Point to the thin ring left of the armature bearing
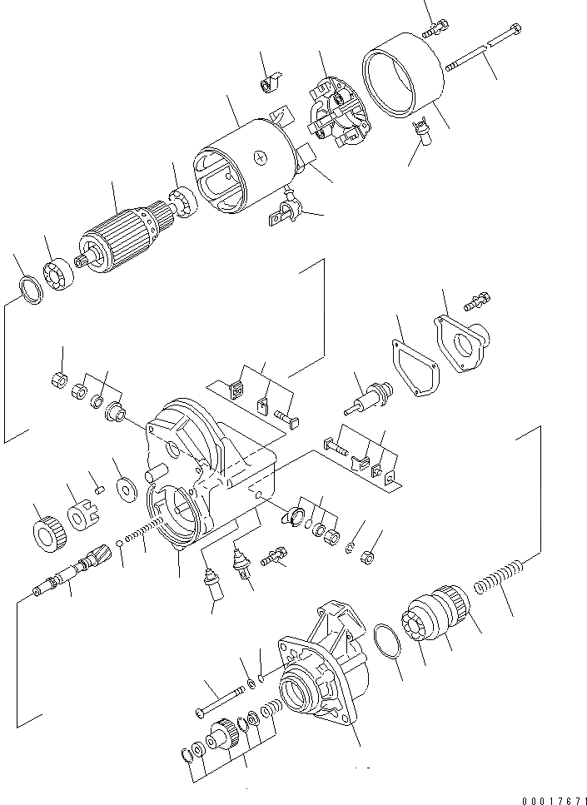(x=30, y=291)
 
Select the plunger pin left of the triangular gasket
(x=367, y=399)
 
